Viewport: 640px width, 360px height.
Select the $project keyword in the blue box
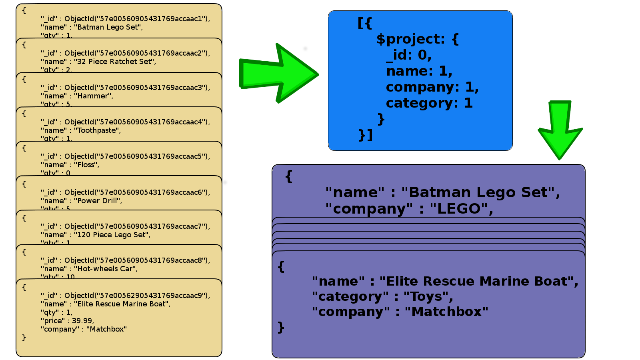click(x=410, y=39)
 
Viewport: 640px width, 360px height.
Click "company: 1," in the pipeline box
click(x=432, y=87)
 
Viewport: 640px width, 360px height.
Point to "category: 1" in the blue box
click(x=429, y=103)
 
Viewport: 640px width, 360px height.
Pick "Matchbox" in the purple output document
click(x=446, y=312)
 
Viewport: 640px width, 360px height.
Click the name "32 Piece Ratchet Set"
click(x=115, y=62)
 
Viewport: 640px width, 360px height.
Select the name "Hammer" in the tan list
click(x=93, y=96)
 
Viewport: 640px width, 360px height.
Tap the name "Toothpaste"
click(x=97, y=130)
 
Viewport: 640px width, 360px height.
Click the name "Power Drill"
click(x=98, y=201)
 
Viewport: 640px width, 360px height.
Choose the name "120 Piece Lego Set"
click(x=112, y=235)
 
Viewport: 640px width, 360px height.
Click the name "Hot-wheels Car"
click(x=106, y=269)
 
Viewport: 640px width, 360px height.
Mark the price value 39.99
click(x=82, y=321)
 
